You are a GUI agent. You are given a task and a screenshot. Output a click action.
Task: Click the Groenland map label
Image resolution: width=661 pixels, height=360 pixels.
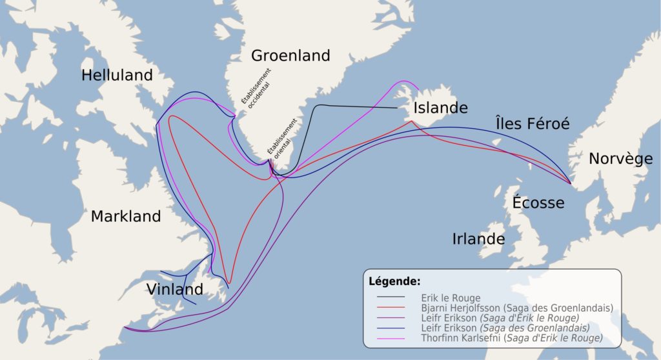coord(290,55)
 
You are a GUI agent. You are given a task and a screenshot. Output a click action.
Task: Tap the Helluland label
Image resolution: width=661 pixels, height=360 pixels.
coord(117,75)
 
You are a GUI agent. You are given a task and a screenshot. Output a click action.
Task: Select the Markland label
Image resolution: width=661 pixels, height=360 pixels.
coord(126,216)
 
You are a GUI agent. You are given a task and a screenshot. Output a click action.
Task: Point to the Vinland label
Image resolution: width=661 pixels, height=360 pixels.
coord(174,288)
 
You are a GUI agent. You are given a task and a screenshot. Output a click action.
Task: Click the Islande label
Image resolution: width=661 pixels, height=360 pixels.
coord(440,107)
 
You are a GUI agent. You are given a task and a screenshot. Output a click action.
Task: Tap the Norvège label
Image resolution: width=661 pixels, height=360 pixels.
coord(620,159)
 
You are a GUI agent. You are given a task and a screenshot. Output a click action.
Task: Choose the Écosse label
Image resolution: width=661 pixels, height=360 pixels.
coord(538,203)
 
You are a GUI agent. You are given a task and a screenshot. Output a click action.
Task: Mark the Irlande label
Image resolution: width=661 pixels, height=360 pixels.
coord(478,239)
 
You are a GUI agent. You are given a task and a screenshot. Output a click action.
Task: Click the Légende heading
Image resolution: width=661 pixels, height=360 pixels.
coord(394,282)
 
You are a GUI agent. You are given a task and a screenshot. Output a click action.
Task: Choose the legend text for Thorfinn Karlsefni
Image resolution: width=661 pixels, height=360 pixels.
coord(511,338)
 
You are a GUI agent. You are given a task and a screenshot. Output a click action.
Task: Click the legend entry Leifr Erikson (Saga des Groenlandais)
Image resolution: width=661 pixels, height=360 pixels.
coord(514,328)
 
